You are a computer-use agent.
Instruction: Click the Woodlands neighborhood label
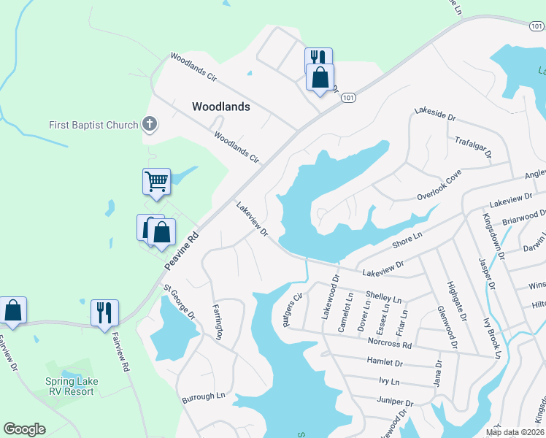tap(220, 107)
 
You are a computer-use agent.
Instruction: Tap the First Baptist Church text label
tap(93, 125)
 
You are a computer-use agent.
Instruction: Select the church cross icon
tap(150, 123)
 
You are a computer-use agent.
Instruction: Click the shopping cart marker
tap(156, 180)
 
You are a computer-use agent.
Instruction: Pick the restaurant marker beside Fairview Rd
tap(104, 312)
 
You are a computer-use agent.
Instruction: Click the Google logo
tap(24, 429)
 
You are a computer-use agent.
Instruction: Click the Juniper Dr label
tap(395, 401)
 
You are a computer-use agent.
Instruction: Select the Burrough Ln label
tap(203, 396)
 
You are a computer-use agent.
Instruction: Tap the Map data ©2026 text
tap(515, 431)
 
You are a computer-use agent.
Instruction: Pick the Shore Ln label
tap(408, 239)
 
